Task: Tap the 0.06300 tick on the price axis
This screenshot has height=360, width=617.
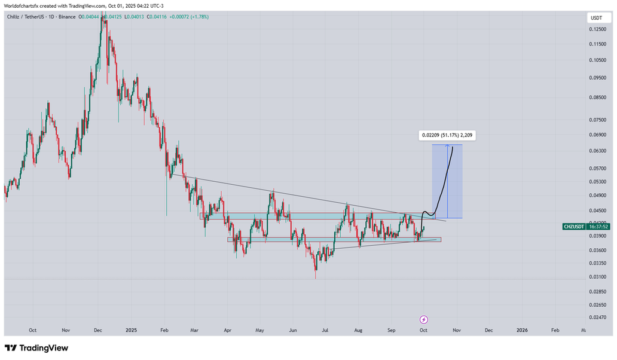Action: tap(596, 151)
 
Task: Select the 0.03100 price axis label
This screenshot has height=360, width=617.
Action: tap(596, 276)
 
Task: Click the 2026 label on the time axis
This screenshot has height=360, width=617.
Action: tap(522, 330)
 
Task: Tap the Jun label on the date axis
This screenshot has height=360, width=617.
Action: tap(292, 330)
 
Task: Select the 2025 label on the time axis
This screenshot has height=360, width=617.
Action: tap(132, 330)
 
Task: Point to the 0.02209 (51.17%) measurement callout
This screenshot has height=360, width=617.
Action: tap(447, 135)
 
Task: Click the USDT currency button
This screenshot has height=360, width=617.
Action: tap(596, 18)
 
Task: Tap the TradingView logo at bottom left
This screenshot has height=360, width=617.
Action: tap(36, 348)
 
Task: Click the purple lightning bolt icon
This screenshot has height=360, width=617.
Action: tap(424, 319)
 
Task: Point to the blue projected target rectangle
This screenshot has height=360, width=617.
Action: tap(447, 181)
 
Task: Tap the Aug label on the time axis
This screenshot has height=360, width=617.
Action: tap(358, 330)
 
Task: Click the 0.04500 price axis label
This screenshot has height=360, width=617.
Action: tap(596, 210)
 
